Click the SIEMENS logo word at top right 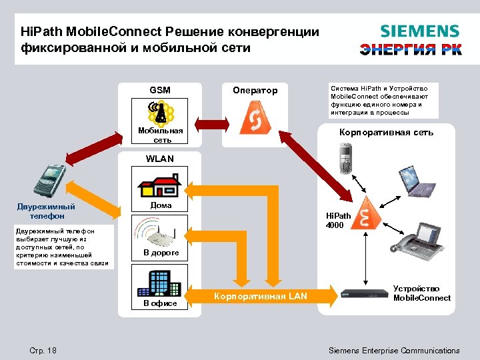(419, 31)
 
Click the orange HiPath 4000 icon (364, 213)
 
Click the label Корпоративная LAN (261, 296)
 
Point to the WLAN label (159, 159)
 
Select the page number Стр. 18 (43, 351)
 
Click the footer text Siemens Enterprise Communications (394, 351)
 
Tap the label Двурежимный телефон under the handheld (46, 211)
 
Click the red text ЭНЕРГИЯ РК (411, 49)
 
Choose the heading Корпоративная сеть (387, 132)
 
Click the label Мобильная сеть (161, 135)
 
